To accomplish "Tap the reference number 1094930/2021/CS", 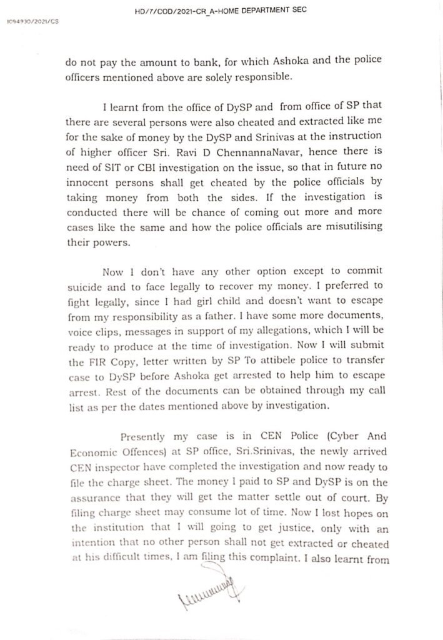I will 31,21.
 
